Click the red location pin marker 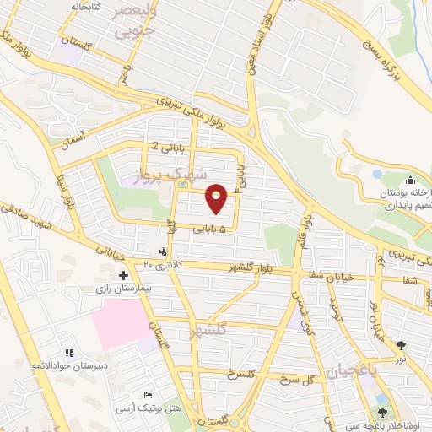[x=217, y=198]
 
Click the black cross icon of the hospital [x=124, y=275]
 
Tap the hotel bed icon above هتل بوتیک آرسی [x=148, y=396]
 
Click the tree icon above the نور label [x=401, y=344]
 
